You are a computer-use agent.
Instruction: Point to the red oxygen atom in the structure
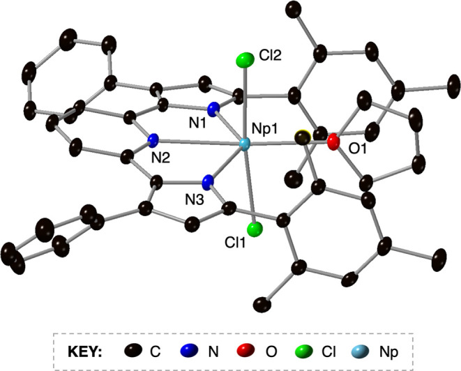pyautogui.click(x=333, y=143)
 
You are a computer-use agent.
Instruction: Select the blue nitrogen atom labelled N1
pyautogui.click(x=215, y=108)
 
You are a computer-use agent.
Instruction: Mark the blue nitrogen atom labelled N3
pyautogui.click(x=207, y=183)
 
